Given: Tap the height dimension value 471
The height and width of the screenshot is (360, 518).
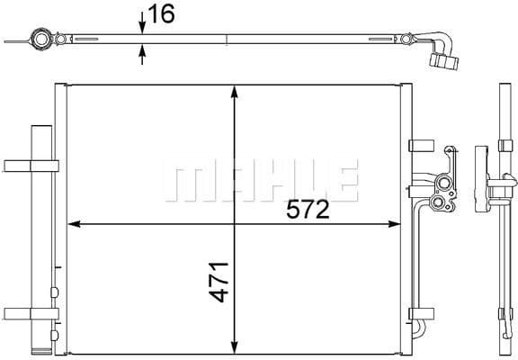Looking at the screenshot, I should coord(218,282).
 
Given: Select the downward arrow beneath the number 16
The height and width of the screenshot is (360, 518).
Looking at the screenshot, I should coord(143,27).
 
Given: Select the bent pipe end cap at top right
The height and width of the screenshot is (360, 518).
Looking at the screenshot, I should coord(445,61).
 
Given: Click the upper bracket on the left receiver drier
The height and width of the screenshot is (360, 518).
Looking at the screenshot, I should coord(31,165).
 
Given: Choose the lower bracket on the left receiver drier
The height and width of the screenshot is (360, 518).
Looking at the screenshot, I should coord(31,314).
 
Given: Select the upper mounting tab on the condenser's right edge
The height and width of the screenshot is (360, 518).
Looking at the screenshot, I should coord(417,146).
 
